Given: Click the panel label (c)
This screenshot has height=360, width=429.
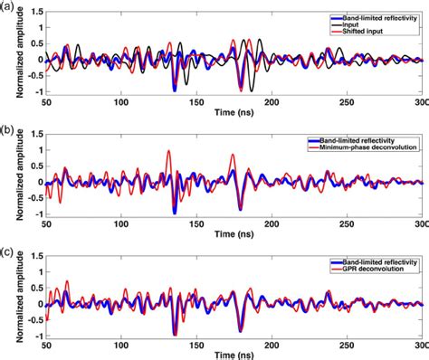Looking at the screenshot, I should [x=8, y=251].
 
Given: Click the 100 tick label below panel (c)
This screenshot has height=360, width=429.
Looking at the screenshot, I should [x=120, y=344].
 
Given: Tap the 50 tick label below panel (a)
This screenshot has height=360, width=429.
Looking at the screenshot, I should [x=47, y=102].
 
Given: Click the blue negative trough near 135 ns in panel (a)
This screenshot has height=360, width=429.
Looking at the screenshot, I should [x=175, y=90].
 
